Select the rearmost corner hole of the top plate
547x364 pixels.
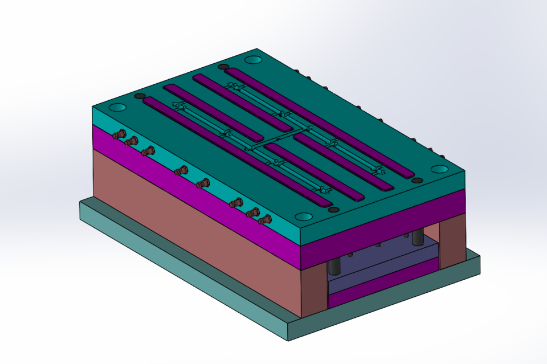point(252,59)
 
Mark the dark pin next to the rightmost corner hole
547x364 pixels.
point(416,180)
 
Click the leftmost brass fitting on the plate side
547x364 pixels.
point(119,135)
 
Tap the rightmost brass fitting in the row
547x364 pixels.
point(264,218)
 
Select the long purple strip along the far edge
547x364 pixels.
point(319,122)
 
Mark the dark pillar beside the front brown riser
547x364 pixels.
point(334,264)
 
